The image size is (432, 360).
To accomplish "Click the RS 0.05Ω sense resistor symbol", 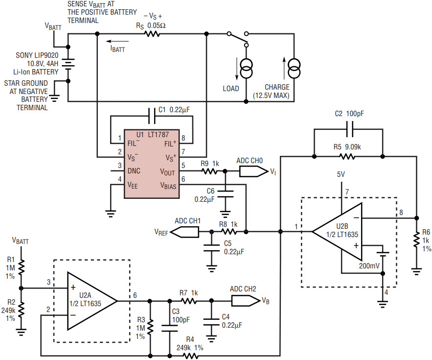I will click(x=152, y=34).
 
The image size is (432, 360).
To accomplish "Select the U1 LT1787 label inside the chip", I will click(x=152, y=134).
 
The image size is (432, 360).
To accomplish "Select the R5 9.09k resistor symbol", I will click(x=347, y=157).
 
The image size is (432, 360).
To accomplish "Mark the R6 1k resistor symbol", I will click(x=416, y=241).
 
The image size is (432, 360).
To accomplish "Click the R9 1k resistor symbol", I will click(x=210, y=171).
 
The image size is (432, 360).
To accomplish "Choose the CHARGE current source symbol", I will click(x=293, y=68).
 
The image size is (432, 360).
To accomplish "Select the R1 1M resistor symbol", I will click(x=21, y=267).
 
